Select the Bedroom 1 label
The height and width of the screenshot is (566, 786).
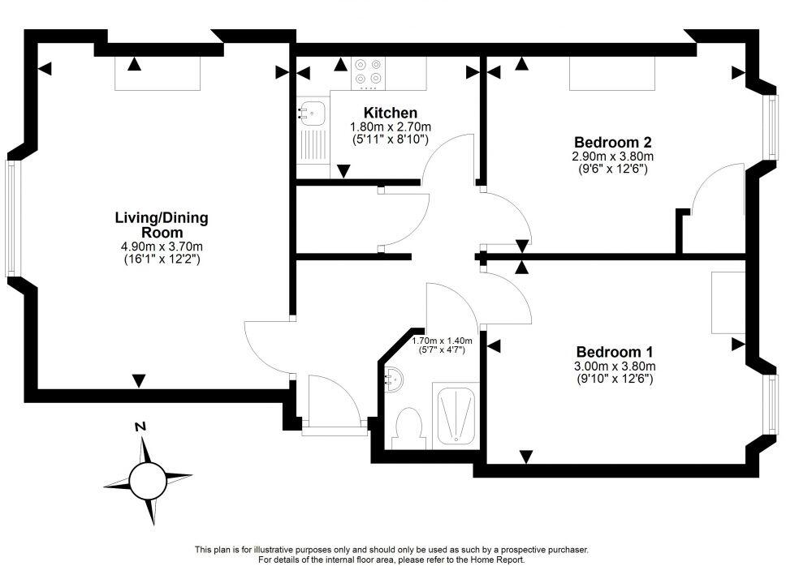614,352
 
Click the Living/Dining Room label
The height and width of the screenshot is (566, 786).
161,225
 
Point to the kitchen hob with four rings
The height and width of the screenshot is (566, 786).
369,72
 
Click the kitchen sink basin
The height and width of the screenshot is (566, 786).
312,112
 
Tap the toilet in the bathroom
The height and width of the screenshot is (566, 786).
406,427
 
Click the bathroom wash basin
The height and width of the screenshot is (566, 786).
392,378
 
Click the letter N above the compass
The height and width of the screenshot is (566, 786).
140,427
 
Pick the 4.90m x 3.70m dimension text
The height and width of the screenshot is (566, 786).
161,247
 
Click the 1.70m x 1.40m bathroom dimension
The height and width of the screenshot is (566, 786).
442,341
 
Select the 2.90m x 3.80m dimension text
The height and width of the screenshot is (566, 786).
613,156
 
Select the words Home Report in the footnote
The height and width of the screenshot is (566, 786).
502,560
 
